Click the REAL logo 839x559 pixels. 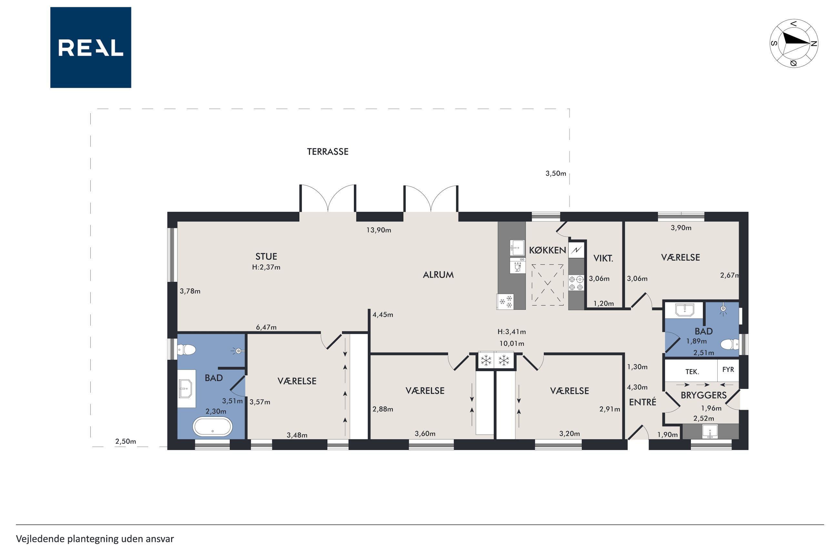(x=91, y=47)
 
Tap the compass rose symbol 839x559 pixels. (x=794, y=43)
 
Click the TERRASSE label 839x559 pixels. (x=328, y=152)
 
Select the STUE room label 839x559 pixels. (x=266, y=256)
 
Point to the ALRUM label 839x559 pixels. (x=438, y=275)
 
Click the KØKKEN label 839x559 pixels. (x=547, y=250)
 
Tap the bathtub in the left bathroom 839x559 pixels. (x=213, y=427)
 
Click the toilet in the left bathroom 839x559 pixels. (x=187, y=349)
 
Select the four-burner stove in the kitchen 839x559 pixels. (x=576, y=282)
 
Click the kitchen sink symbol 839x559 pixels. (x=517, y=248)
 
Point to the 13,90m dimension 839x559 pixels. (x=379, y=230)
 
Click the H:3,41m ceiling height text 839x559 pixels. (x=512, y=332)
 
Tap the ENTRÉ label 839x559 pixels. (x=642, y=402)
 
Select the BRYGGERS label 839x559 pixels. (x=703, y=395)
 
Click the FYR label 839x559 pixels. (x=728, y=369)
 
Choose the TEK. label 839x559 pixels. (x=692, y=372)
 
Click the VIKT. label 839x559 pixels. (x=603, y=258)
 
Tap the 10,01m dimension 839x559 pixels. (x=512, y=344)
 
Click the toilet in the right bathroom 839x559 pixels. (x=729, y=344)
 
